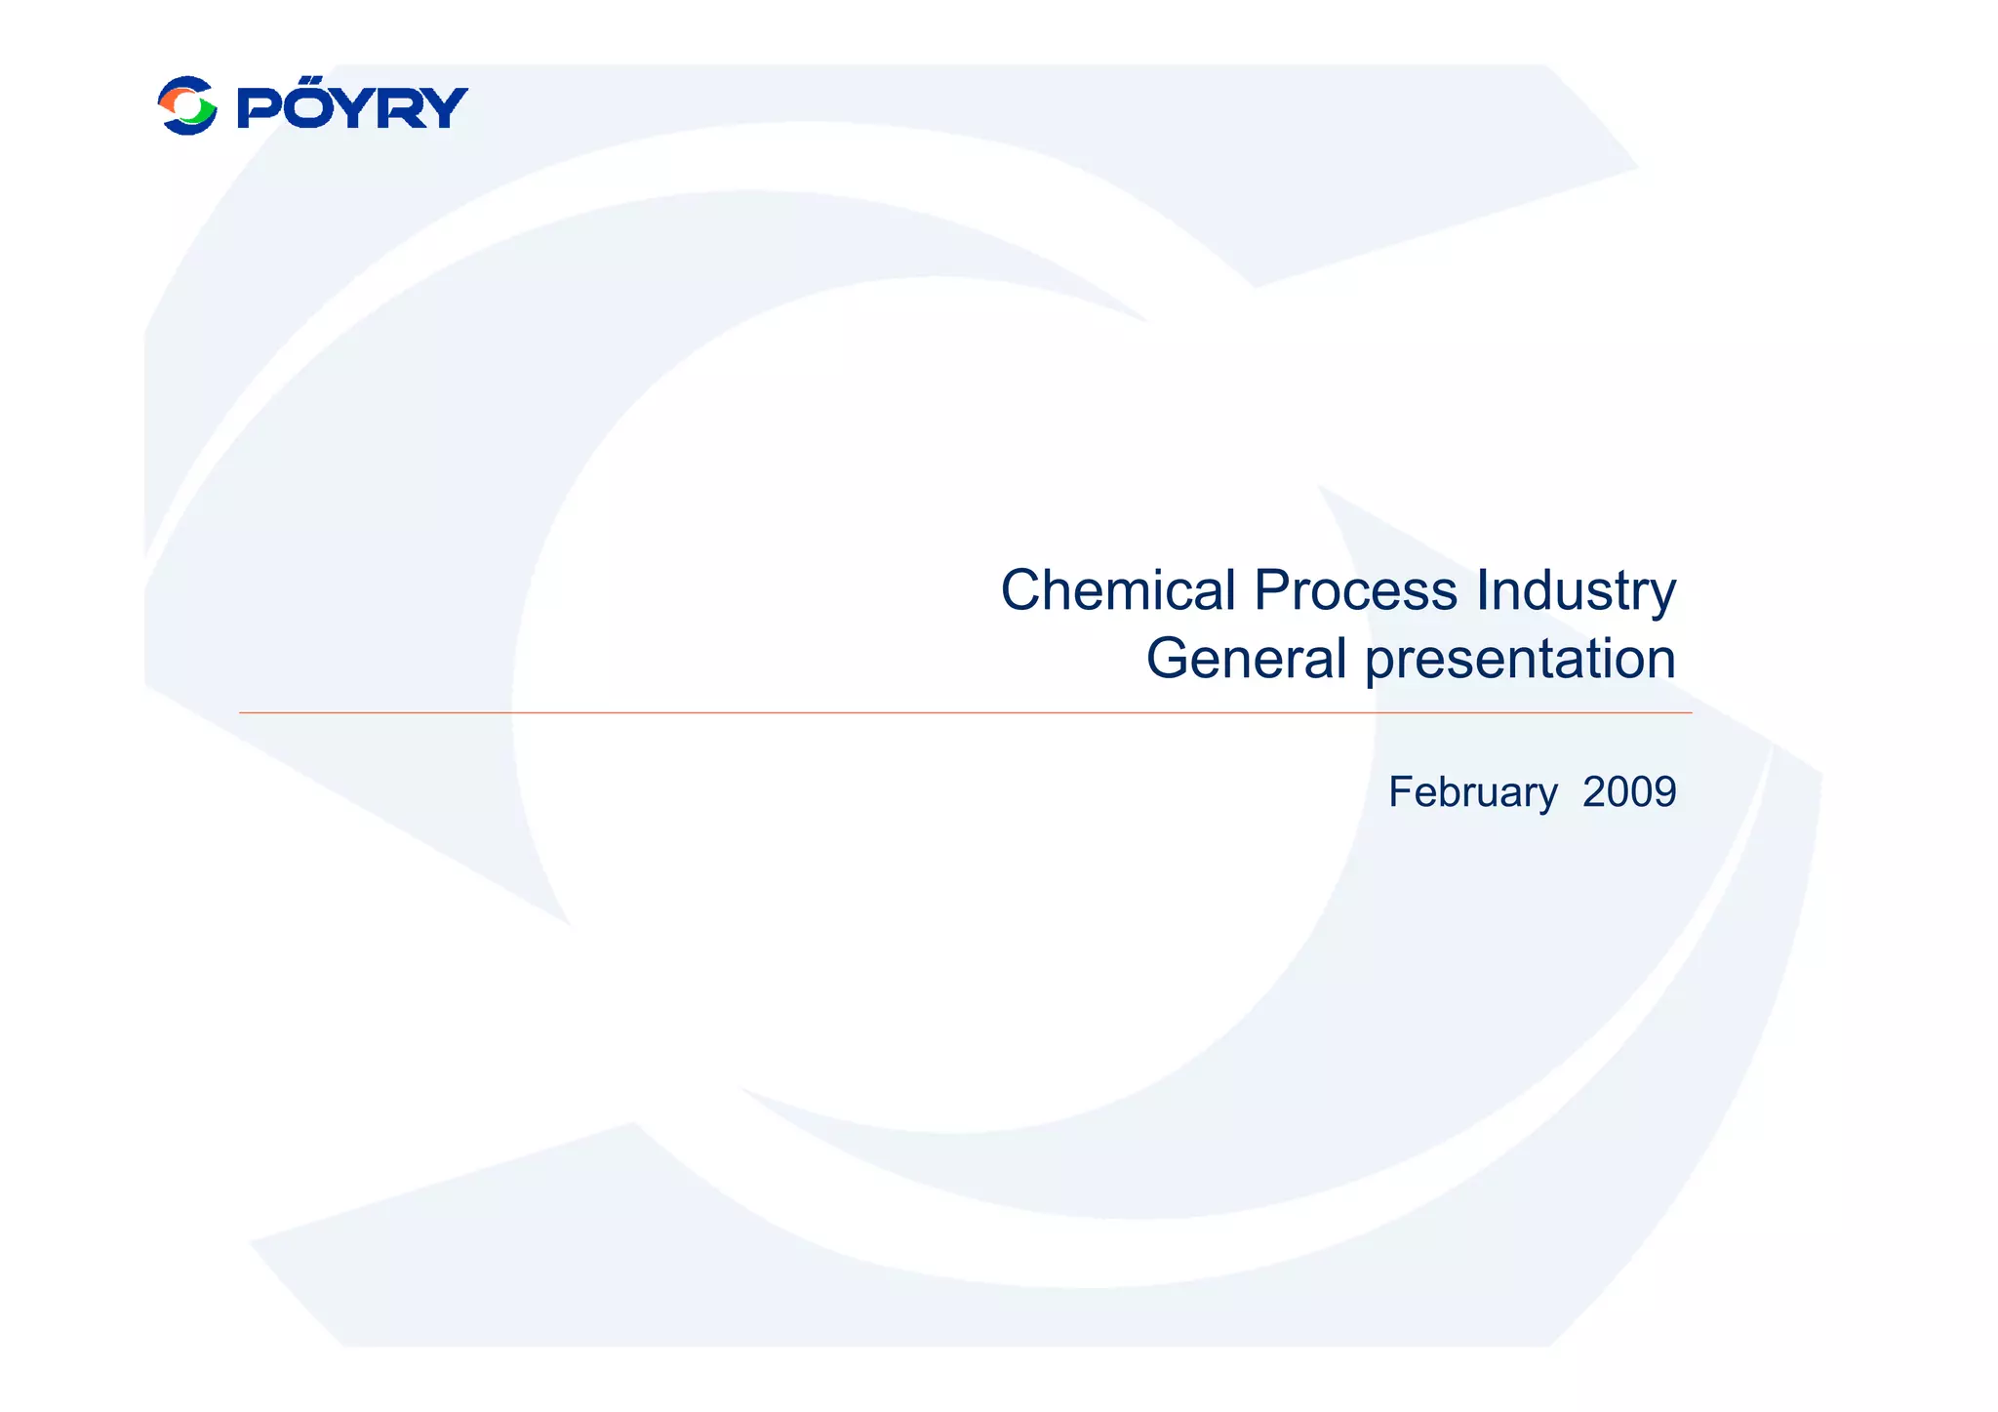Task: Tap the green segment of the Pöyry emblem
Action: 203,115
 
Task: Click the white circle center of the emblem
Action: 187,106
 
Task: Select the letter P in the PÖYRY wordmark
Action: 257,107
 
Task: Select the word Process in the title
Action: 1355,590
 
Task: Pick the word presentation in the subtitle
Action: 1519,659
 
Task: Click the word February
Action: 1472,792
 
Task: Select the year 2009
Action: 1628,791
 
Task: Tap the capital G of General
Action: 1167,659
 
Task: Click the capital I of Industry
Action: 1482,590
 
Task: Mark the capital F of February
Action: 1399,791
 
